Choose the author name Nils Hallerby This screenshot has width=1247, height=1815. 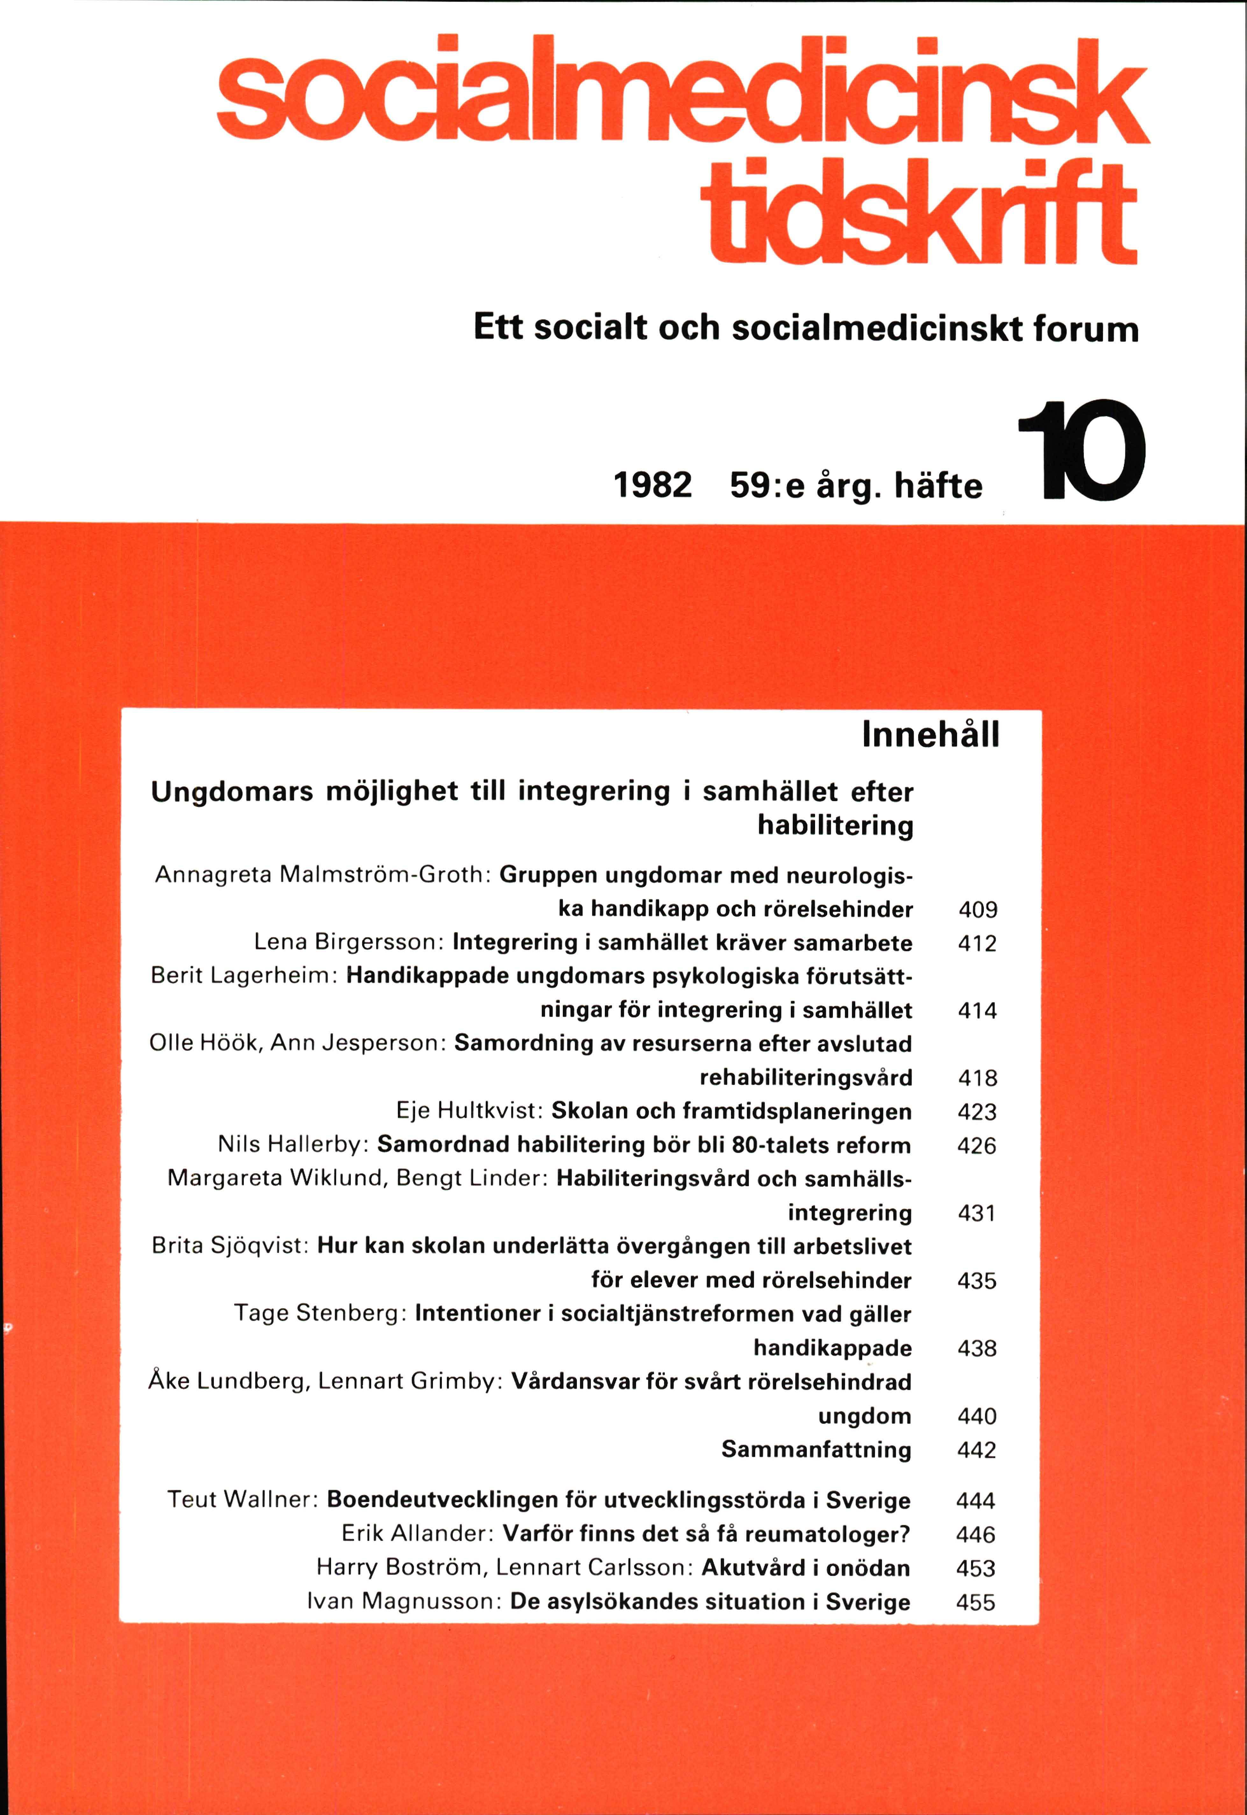tap(291, 1145)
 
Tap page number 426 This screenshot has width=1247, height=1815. tap(977, 1146)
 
